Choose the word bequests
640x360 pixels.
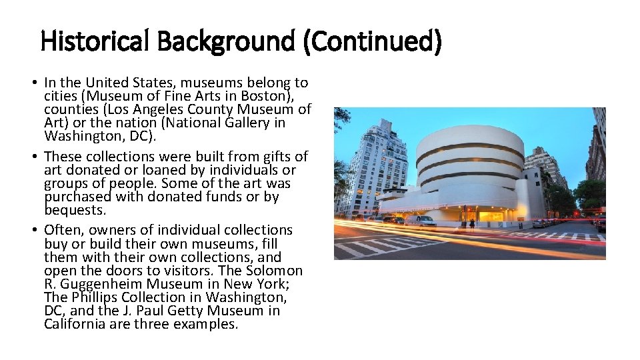pyautogui.click(x=75, y=210)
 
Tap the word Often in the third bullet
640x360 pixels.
pyautogui.click(x=63, y=230)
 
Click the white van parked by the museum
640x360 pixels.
pyautogui.click(x=421, y=221)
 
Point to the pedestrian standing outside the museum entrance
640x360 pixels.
pyautogui.click(x=472, y=223)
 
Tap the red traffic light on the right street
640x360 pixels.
pyautogui.click(x=577, y=213)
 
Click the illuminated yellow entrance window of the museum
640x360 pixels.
pyautogui.click(x=492, y=216)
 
